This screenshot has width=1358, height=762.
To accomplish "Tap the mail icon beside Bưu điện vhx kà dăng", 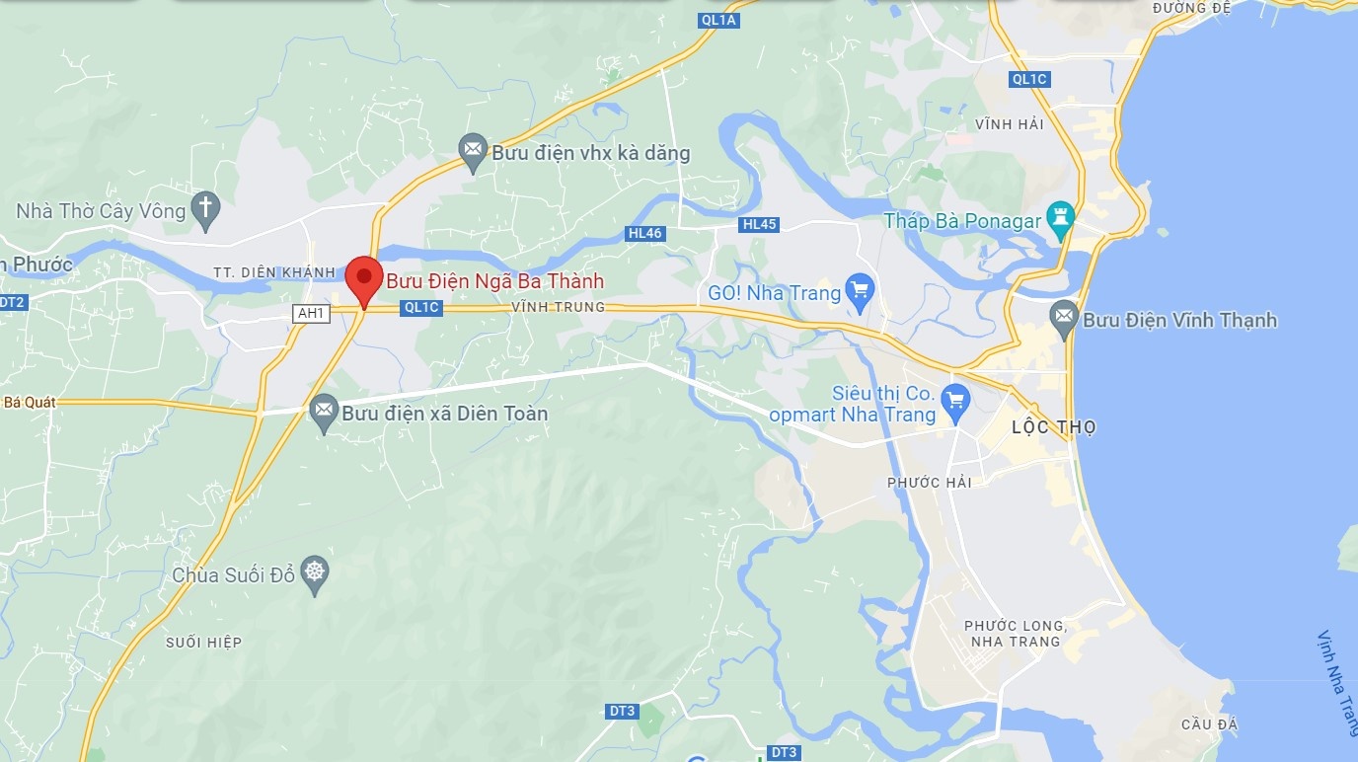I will tap(474, 151).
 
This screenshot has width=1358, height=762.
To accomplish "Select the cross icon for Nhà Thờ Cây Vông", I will tap(205, 209).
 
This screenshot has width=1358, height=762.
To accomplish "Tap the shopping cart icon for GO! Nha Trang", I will tap(861, 292).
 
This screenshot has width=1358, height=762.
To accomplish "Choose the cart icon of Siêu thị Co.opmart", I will tap(954, 401).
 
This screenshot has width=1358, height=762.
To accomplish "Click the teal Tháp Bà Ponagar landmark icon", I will tap(1061, 219).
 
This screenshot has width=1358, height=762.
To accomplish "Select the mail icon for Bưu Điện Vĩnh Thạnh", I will tap(1064, 318).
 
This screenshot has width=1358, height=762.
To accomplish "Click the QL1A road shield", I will tap(717, 20).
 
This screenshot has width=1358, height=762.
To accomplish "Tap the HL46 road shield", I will tap(644, 234).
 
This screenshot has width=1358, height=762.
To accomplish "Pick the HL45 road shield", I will tap(760, 224).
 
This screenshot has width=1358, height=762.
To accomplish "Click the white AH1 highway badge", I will tap(311, 313).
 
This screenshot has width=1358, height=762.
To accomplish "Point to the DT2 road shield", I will tap(11, 302).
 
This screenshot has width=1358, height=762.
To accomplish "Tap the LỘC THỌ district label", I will tap(1054, 427).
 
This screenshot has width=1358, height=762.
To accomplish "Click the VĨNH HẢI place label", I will tap(1009, 124).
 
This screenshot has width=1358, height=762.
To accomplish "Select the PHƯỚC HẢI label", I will tap(929, 482).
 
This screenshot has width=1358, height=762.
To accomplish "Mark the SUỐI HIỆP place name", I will tap(204, 643).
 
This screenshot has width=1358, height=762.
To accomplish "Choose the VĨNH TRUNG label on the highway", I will tap(558, 307).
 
